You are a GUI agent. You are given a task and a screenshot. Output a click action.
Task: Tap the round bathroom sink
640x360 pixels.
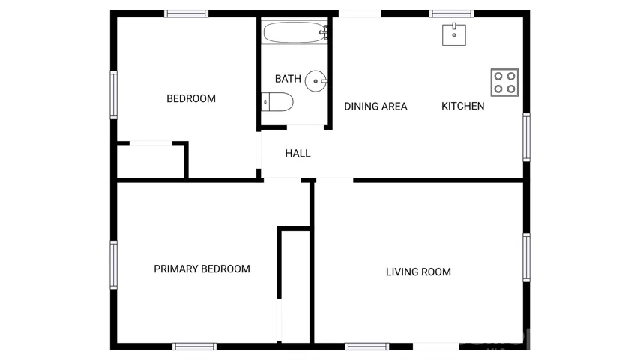316,81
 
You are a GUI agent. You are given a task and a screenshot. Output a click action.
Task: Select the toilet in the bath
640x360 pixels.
277,102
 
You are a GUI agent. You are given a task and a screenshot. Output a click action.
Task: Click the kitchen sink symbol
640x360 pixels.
454,34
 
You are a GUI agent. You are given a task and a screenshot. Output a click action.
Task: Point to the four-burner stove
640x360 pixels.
504,82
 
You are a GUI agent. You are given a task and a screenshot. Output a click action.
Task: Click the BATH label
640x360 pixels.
288,79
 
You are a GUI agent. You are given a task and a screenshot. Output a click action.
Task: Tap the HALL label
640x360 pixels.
298,153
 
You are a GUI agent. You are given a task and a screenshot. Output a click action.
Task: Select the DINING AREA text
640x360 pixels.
375,106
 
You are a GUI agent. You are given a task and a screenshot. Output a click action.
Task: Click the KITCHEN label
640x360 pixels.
463,106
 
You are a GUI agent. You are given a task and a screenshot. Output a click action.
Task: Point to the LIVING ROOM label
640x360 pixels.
418,271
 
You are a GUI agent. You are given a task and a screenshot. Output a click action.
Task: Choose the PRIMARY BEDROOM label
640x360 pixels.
202,269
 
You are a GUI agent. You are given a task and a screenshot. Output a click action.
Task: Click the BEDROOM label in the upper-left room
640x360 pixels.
191,98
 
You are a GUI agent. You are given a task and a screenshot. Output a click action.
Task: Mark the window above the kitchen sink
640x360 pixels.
451,14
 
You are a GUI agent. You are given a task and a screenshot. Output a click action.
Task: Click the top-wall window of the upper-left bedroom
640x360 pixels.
186,14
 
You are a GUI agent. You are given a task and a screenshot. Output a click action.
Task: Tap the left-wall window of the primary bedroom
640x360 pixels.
113,265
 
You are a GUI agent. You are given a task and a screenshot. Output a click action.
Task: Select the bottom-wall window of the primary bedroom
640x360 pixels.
194,346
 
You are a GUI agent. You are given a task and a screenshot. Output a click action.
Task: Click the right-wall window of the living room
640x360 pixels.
527,257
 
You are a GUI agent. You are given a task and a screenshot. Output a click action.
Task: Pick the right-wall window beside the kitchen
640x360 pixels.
527,137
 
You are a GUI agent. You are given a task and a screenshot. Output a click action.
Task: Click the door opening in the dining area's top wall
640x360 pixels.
360,14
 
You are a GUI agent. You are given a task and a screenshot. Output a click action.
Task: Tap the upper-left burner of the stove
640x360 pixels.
498,76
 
